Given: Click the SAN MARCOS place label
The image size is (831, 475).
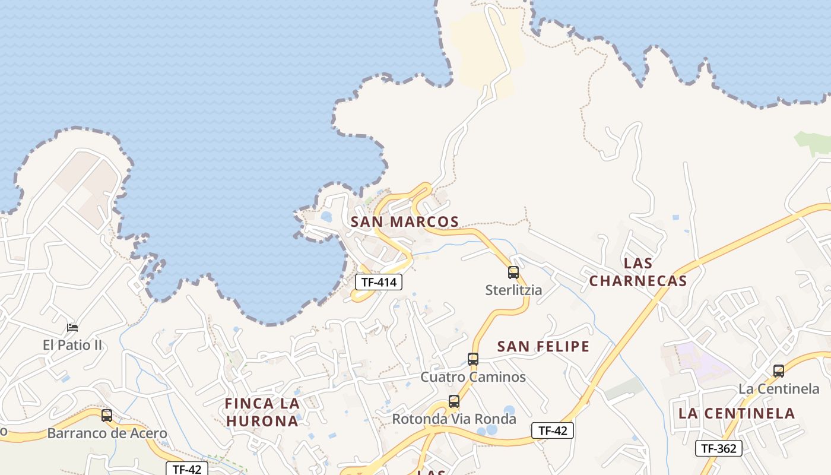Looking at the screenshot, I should [404, 222].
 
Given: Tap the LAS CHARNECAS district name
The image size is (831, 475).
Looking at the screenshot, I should [638, 272].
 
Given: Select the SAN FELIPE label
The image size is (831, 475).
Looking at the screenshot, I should [543, 346].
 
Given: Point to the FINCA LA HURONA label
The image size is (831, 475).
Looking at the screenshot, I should [262, 412].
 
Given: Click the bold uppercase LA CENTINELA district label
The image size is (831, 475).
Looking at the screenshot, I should [736, 413].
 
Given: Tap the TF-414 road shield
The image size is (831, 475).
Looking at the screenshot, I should [379, 282].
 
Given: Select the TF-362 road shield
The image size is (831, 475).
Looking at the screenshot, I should [718, 448].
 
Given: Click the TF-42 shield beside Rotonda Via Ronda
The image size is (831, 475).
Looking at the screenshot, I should [552, 430].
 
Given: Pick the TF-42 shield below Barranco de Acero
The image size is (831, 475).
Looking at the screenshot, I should [187, 469].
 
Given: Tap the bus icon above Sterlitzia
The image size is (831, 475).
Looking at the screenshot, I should [513, 273].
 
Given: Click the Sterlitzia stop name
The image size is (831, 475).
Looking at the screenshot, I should [513, 290].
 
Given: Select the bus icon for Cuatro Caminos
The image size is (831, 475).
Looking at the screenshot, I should [473, 359].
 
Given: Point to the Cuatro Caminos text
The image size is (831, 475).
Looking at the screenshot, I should [473, 377].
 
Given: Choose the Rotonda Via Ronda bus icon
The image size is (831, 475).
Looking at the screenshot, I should [454, 401].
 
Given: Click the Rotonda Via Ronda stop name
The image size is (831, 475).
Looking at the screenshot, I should [454, 419].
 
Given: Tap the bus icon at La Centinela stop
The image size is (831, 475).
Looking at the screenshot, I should [779, 371].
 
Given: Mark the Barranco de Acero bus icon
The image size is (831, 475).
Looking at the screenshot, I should [107, 416].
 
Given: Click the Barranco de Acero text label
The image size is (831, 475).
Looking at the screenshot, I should [107, 433].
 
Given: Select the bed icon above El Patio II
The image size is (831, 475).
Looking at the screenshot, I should [72, 327].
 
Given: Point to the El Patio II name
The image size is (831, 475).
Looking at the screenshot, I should [72, 345].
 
